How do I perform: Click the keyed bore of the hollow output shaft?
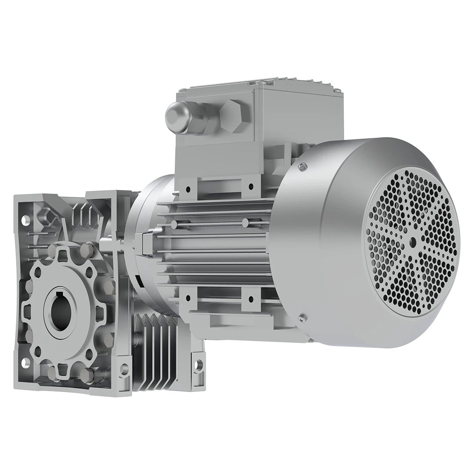(x=61, y=312)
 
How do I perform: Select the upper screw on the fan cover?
(x=301, y=165)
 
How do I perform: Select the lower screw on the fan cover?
(x=301, y=318)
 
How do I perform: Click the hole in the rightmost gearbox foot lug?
(x=198, y=364)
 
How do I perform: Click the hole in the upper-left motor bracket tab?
(x=188, y=189)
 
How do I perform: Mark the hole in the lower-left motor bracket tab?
(x=188, y=298)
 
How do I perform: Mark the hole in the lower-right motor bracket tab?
(x=251, y=299)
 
